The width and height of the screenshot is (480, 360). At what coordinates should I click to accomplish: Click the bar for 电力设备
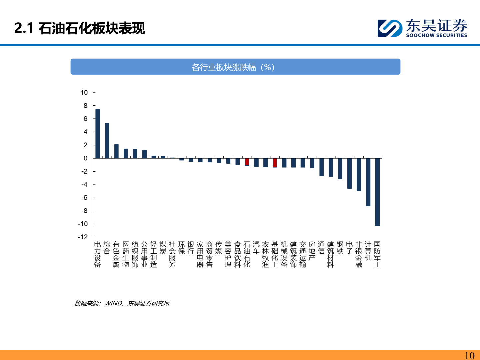tap(98, 134)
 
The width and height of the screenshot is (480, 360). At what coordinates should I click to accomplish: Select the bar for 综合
tap(107, 140)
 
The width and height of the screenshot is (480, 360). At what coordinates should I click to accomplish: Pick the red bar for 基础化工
tap(275, 163)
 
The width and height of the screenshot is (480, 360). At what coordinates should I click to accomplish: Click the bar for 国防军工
tap(377, 192)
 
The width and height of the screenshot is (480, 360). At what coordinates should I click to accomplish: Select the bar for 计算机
tap(368, 182)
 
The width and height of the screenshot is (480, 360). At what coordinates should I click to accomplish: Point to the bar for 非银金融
tap(359, 174)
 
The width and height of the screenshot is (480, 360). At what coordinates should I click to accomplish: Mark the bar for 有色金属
tap(116, 151)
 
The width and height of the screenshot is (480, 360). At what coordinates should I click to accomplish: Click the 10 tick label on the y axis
tap(84, 93)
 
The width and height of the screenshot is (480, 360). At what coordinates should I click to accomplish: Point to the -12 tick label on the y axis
tap(83, 237)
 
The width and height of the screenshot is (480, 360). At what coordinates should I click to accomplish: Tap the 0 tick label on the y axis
tap(86, 158)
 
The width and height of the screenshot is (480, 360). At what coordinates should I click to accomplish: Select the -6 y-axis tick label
tap(84, 198)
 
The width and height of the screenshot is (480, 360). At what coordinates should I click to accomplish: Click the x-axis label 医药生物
tap(126, 254)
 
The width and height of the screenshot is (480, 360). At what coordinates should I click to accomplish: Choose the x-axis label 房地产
tap(312, 251)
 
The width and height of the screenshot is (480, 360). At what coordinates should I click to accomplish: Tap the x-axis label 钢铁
tap(340, 248)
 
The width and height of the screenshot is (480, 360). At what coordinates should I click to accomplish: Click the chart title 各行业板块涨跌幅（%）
tap(235, 67)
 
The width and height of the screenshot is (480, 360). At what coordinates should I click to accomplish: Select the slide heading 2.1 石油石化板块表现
tap(80, 28)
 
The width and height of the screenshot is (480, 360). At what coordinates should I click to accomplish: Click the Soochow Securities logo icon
tap(390, 28)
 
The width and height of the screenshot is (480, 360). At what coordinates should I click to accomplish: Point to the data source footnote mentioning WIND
tap(122, 303)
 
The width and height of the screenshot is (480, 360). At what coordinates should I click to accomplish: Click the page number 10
tap(469, 355)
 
